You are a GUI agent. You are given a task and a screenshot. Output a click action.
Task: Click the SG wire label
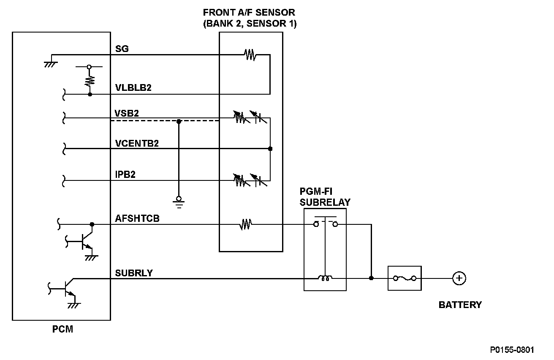122,49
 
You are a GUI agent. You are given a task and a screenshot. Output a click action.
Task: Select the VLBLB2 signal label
133,88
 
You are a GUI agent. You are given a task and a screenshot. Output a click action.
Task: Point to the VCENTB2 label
137,143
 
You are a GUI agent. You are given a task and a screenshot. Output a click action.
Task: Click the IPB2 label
125,175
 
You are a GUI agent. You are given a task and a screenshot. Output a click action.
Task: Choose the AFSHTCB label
137,218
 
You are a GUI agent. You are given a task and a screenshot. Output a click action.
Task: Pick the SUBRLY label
134,273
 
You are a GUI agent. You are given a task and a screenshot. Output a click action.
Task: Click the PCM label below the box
62,329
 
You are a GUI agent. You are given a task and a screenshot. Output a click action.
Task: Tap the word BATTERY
460,305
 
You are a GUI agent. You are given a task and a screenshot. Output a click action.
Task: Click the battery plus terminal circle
459,278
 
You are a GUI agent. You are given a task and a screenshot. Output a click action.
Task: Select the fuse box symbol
405,278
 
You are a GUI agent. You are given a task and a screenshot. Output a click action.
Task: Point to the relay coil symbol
325,278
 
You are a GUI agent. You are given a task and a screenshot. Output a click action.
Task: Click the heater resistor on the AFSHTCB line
245,224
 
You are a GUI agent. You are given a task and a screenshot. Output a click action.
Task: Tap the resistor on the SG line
250,55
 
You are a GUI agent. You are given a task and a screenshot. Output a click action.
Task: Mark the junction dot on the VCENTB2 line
270,149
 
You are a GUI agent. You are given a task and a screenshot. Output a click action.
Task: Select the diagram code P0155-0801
512,350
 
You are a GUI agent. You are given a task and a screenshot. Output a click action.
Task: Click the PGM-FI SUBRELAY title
325,196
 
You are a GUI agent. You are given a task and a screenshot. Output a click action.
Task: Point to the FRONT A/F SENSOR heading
250,18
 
